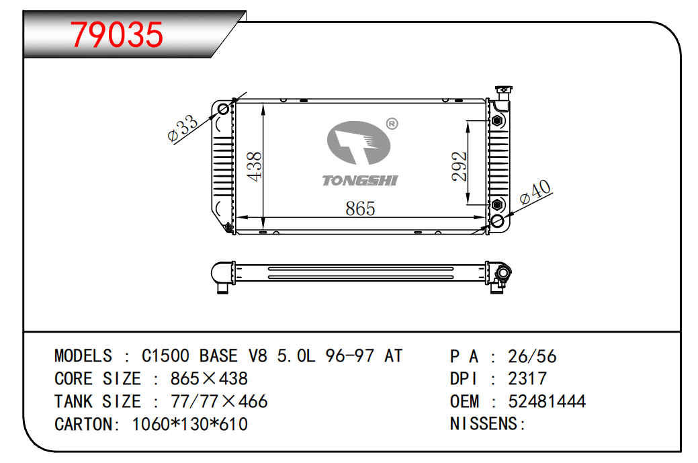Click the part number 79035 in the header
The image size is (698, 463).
(117, 35)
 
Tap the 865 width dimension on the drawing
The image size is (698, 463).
(360, 208)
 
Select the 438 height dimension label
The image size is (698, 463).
(255, 166)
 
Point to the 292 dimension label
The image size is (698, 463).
(460, 165)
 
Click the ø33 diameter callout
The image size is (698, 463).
(182, 128)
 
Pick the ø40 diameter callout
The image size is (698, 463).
(535, 192)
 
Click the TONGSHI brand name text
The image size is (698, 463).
(360, 180)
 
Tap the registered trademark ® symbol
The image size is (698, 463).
(392, 124)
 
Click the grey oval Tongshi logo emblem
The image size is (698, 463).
(358, 143)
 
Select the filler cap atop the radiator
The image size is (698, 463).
(501, 92)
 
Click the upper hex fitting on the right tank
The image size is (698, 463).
(497, 121)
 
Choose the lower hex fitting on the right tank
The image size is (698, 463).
(497, 204)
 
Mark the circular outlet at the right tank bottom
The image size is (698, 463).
(498, 221)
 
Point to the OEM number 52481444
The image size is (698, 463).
(547, 402)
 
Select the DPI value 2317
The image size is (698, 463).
(527, 379)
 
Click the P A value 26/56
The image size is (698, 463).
(532, 356)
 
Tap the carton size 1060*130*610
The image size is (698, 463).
(190, 425)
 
